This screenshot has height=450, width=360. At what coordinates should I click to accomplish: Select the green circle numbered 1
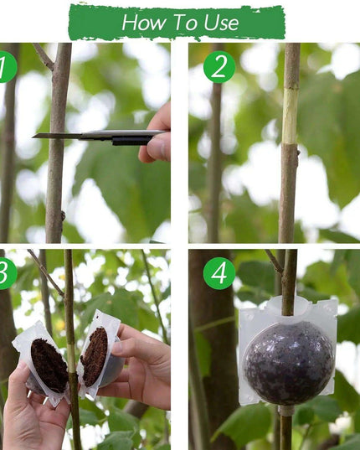5,67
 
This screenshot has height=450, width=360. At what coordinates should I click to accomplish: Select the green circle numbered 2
219,67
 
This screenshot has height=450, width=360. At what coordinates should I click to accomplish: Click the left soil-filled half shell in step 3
48,365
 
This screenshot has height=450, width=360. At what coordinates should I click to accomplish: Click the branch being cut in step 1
58,184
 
